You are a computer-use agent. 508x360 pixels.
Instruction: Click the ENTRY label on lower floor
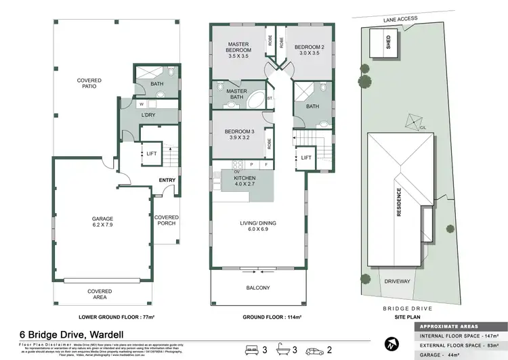coord(167,180)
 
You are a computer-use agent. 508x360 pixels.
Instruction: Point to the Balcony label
coord(258,288)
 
